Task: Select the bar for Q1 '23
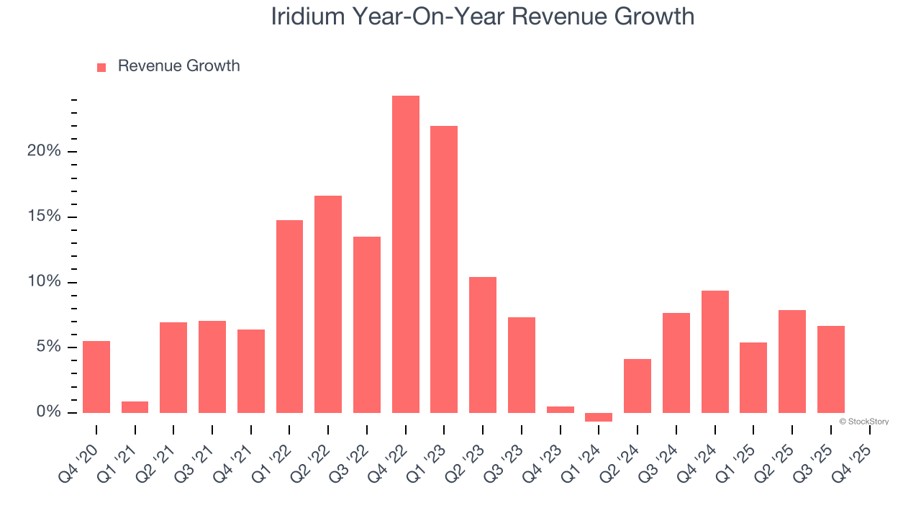click(444, 269)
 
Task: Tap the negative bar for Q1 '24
click(599, 417)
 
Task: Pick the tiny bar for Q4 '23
click(560, 409)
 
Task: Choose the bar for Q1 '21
click(135, 407)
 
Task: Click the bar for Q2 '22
click(328, 304)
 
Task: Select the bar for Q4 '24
click(714, 352)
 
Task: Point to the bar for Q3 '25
click(830, 369)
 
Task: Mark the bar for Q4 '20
click(96, 377)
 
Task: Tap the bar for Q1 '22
click(289, 317)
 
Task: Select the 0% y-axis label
click(48, 412)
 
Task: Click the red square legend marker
click(101, 67)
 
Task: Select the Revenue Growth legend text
click(178, 66)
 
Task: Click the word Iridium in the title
click(308, 17)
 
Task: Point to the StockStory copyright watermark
click(863, 422)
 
